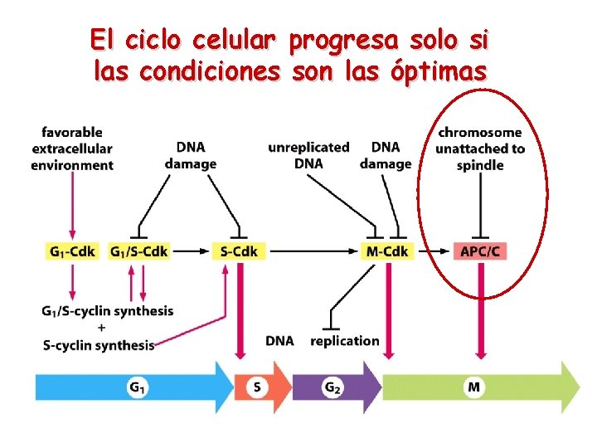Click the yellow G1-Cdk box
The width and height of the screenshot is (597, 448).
click(71, 251)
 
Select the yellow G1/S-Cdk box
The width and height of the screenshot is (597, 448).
click(138, 251)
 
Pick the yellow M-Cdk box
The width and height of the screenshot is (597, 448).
click(387, 251)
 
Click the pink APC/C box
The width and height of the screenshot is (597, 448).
click(480, 251)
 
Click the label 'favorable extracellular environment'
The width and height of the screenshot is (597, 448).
click(72, 149)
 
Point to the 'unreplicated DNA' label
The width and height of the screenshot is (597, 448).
click(308, 155)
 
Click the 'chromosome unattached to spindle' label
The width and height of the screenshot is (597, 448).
click(480, 149)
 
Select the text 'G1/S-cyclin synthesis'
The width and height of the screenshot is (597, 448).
click(107, 311)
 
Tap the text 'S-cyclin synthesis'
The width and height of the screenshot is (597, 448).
click(99, 345)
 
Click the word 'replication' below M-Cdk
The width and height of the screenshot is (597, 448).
click(345, 340)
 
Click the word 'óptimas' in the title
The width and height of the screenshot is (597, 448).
click(437, 72)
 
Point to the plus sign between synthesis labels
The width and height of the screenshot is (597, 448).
click(101, 328)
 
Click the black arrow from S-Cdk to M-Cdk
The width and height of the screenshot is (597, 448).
click(315, 251)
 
